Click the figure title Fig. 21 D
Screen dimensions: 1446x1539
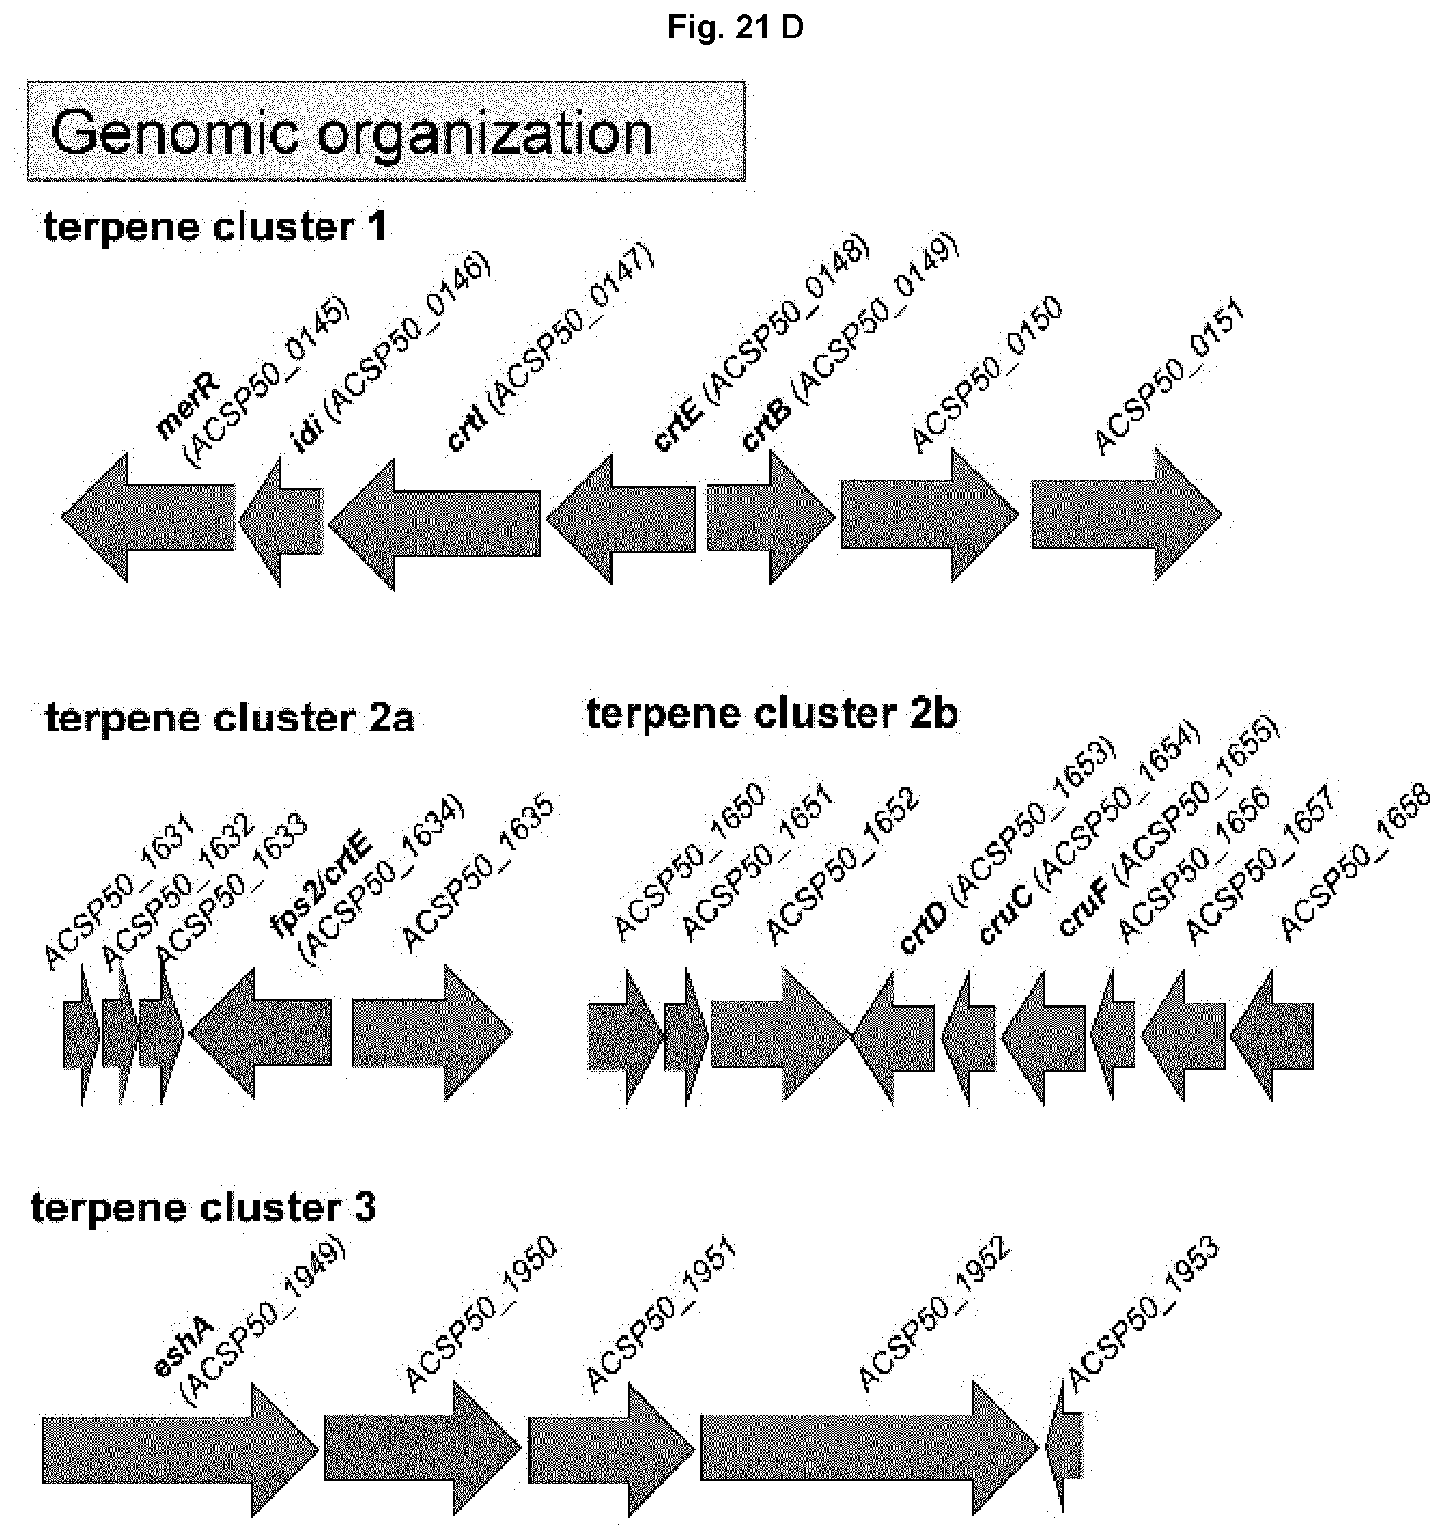pos(736,28)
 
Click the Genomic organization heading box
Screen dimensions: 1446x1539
pos(386,132)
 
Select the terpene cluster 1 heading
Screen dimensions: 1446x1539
pos(215,227)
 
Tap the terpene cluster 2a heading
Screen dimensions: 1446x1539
pos(230,718)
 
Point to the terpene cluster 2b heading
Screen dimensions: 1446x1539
pos(772,713)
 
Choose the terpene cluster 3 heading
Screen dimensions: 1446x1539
pos(203,1207)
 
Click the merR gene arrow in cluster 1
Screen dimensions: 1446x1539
pos(148,517)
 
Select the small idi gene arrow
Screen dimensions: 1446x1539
pos(281,522)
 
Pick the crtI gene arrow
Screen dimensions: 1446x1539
pos(434,524)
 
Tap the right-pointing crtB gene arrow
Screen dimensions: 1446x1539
pos(771,517)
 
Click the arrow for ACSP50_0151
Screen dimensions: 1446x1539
pos(1126,514)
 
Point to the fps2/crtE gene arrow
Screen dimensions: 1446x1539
pos(260,1033)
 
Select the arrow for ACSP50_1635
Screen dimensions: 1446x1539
pos(432,1032)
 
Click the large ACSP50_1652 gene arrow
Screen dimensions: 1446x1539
pos(781,1033)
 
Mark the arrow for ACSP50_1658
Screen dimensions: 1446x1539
pos(1272,1036)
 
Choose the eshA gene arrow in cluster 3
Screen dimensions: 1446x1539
pos(180,1449)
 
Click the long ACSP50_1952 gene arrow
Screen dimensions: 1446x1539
pos(870,1447)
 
